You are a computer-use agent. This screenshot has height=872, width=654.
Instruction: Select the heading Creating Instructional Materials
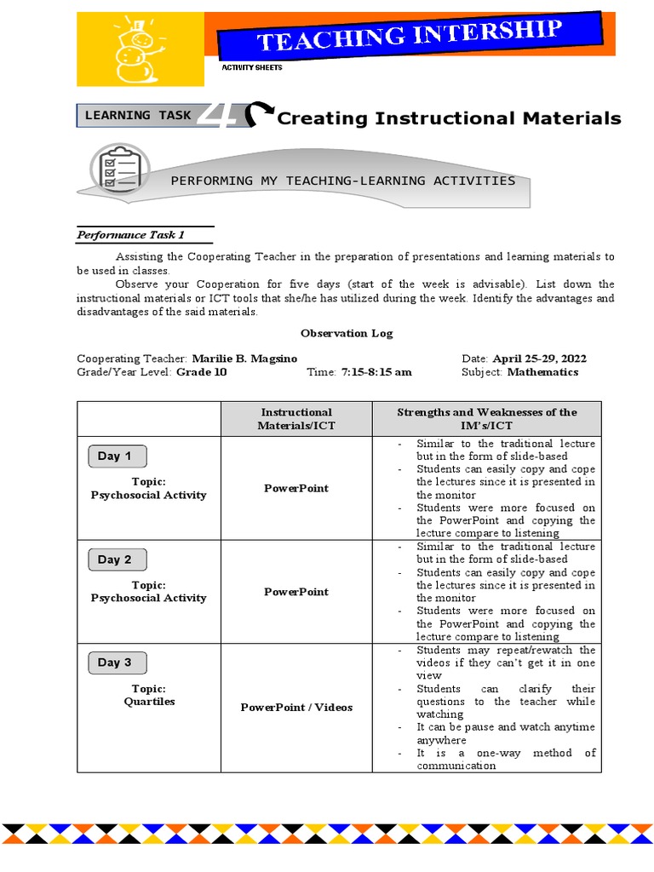449,118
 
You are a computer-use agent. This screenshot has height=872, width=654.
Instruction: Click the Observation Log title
347,333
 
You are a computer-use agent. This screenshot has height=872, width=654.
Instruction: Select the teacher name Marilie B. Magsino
244,359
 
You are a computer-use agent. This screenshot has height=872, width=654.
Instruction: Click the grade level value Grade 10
202,372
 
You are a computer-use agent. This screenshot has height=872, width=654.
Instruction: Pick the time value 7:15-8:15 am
376,372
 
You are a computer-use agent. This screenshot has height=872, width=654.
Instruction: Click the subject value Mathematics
542,372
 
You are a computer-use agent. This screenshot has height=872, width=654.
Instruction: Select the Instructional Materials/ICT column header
296,418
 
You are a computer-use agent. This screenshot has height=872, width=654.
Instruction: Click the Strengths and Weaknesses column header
486,418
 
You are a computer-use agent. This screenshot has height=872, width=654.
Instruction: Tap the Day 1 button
117,456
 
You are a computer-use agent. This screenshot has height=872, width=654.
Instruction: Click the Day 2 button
117,559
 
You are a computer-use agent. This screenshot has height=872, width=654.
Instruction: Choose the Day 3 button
117,663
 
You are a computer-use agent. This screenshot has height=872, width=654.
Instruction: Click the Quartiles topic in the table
149,702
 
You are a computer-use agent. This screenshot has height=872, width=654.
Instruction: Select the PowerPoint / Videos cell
296,708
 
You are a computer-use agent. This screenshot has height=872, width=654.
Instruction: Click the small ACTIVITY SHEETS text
251,67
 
